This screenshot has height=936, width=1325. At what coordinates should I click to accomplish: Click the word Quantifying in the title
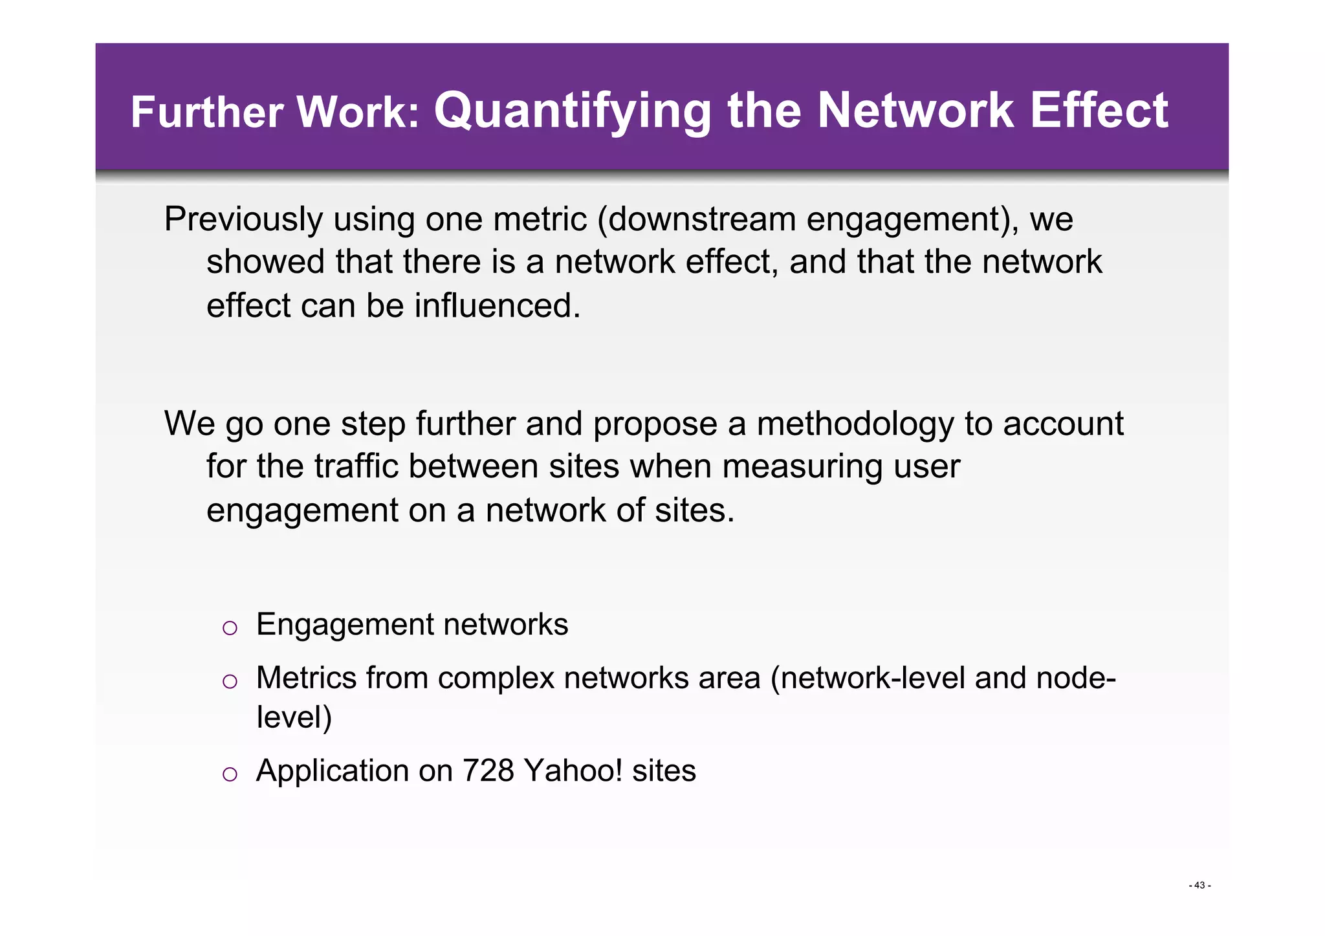[573, 111]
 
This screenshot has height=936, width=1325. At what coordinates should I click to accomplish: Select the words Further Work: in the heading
[275, 113]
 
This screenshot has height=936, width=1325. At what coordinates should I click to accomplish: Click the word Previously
[243, 219]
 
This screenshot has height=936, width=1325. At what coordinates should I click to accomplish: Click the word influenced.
[497, 305]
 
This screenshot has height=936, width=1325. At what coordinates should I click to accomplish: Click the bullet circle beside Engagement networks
[230, 627]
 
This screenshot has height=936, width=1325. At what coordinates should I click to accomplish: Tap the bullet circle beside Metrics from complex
[230, 681]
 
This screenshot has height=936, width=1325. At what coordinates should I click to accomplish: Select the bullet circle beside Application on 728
[230, 774]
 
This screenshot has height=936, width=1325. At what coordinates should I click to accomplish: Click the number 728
[488, 771]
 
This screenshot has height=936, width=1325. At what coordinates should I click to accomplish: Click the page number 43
[1199, 886]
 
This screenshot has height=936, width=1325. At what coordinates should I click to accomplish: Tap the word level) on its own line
[294, 717]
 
